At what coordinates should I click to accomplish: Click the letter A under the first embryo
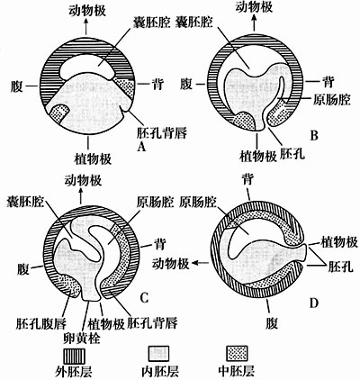coord(141,145)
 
